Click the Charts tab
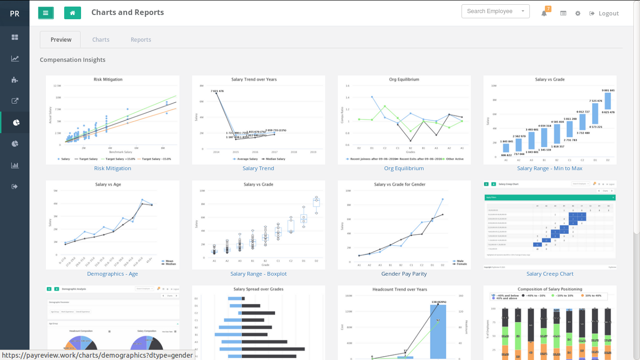point(101,40)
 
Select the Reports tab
point(141,40)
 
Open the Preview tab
point(60,40)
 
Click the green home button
point(73,13)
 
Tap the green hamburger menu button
point(46,13)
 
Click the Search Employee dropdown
point(495,11)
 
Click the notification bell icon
point(544,14)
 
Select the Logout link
point(604,14)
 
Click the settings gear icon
point(578,14)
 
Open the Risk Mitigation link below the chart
point(112,168)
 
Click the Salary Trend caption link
point(258,168)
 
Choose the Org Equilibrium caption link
point(404,168)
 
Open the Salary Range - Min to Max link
point(550,168)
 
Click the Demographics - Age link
point(112,274)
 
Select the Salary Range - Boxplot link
point(258,274)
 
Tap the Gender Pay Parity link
point(404,274)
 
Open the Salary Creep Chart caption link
point(550,274)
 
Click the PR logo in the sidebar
point(15,14)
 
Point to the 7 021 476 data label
point(217,91)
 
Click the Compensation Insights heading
point(73,60)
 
